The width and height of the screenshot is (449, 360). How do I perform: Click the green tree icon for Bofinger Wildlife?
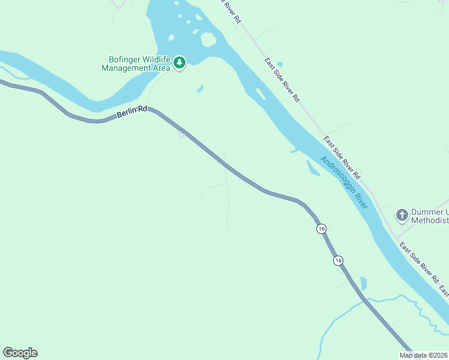pos(179,62)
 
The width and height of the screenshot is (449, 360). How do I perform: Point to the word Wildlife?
pos(157,60)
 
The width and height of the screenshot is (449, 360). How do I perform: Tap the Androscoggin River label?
pos(343,182)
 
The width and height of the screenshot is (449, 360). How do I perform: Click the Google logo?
pos(20,353)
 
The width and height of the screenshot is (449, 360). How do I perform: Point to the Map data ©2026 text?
pos(423,355)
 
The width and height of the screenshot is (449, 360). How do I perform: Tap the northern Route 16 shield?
pos(322,229)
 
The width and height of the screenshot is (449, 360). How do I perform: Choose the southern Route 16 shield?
pos(339,260)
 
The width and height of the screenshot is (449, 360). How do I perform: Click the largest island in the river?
pos(208,40)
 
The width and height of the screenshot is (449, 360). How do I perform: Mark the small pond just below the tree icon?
pos(200,89)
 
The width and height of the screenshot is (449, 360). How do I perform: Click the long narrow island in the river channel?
pos(260,94)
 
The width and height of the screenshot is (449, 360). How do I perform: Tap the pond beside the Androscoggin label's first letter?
pos(313,167)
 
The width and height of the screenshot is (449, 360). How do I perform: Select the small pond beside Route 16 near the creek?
pos(363,283)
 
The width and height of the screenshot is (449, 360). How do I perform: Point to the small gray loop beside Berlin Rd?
pos(181,135)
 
